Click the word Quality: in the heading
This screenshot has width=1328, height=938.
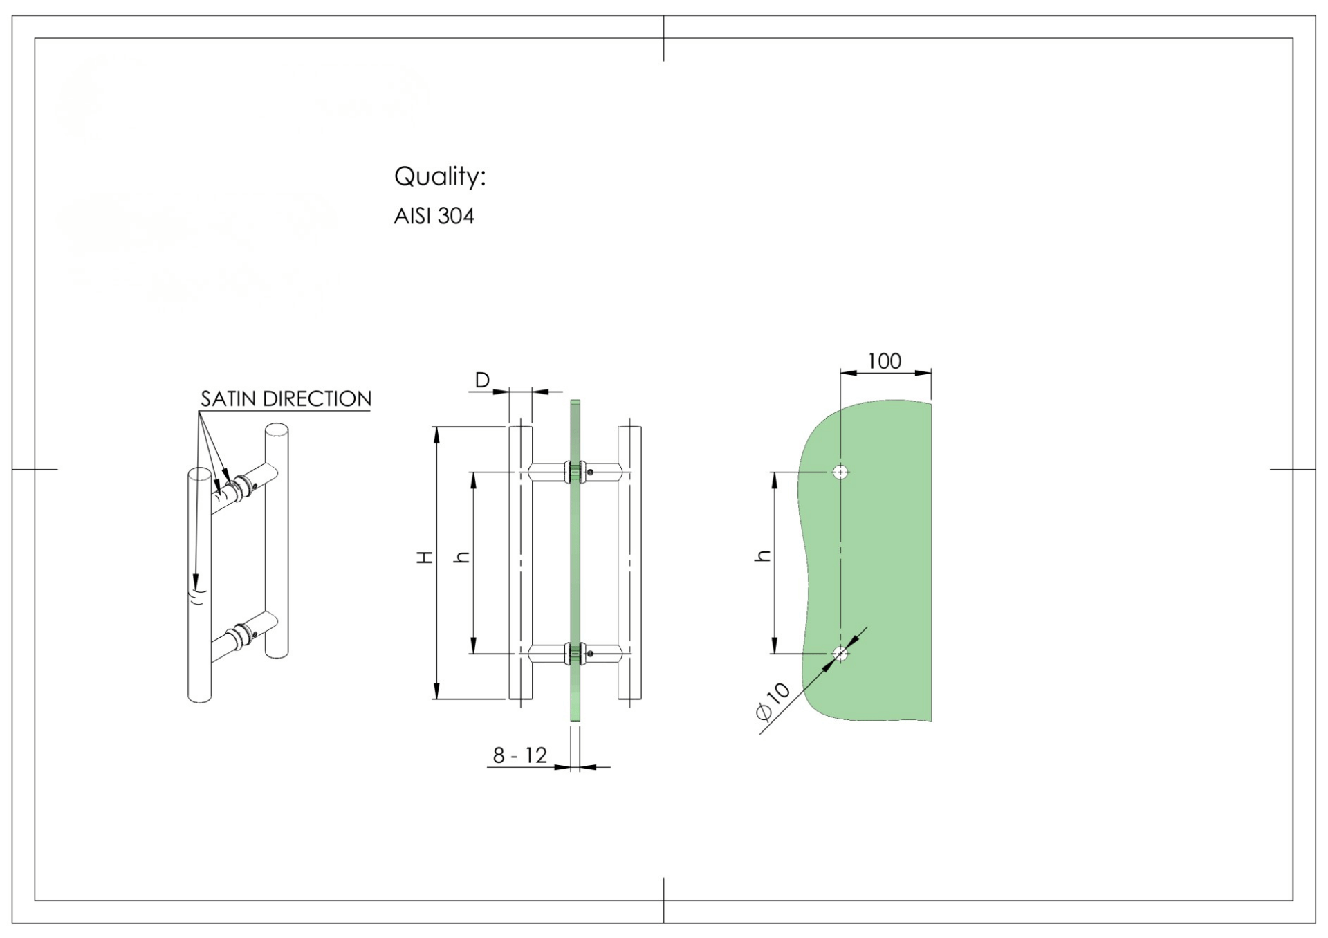(440, 177)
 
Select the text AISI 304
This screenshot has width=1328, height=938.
(434, 217)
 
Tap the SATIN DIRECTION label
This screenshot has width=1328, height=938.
(286, 399)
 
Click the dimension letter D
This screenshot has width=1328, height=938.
(482, 380)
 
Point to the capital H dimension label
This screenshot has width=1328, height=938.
(425, 557)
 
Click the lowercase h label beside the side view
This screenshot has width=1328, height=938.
(461, 557)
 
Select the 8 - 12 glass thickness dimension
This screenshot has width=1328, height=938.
(519, 755)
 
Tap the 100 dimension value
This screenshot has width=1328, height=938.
(885, 361)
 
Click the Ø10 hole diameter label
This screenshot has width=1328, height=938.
(773, 701)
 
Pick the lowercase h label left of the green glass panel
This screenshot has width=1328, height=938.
(762, 555)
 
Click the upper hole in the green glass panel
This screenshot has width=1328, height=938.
(840, 472)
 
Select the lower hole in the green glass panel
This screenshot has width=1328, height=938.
(840, 654)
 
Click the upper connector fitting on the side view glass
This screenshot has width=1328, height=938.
(575, 472)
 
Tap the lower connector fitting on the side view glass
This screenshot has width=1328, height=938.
(575, 654)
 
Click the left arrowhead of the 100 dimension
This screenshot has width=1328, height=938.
(849, 373)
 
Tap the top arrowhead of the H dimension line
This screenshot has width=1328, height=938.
(436, 435)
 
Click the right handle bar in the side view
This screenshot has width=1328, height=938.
(629, 563)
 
